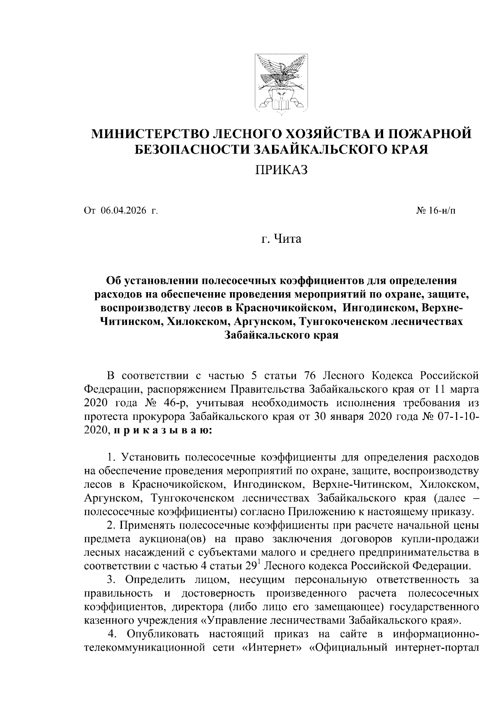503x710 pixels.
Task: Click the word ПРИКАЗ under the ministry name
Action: pos(282,170)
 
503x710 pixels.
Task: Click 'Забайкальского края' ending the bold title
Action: pos(282,336)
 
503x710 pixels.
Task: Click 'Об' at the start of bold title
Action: pos(114,280)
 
